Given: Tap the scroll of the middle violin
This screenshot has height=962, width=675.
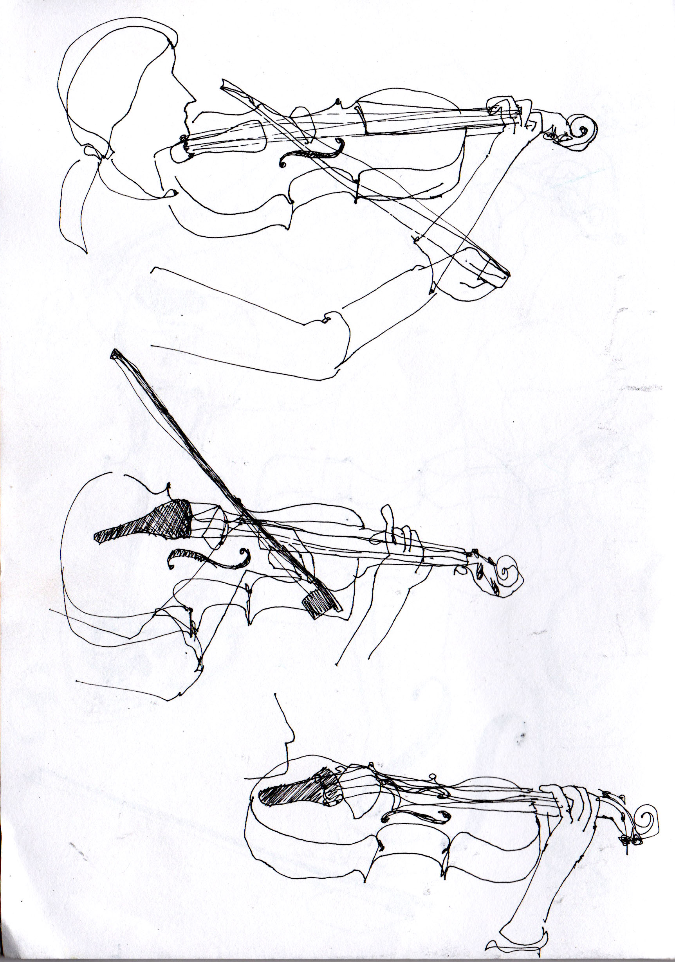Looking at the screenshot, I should click(x=509, y=572).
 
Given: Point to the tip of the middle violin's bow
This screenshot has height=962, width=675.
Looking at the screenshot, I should click(x=113, y=355).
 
